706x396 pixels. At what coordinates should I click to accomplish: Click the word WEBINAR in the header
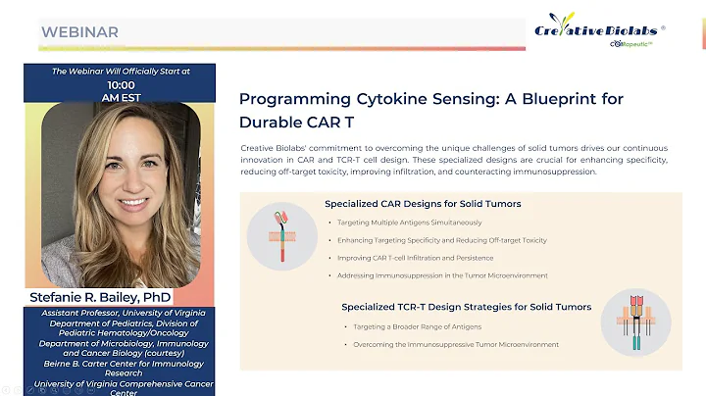click(79, 32)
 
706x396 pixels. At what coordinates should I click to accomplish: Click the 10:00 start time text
click(122, 84)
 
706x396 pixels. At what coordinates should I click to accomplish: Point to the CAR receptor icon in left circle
click(281, 235)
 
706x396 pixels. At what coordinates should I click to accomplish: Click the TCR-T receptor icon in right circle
click(635, 321)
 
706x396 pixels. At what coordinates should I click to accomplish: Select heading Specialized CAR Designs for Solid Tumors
click(423, 204)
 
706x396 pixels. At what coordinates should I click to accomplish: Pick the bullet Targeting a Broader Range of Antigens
click(412, 326)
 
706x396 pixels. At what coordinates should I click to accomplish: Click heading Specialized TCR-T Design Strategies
click(466, 307)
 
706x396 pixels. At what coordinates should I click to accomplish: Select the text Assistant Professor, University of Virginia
click(122, 313)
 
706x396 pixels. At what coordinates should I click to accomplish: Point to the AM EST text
click(122, 98)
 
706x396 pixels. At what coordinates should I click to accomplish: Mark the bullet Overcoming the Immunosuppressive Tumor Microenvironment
click(450, 344)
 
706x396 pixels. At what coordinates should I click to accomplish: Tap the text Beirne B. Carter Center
click(122, 363)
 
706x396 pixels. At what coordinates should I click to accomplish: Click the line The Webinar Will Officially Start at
click(122, 72)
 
